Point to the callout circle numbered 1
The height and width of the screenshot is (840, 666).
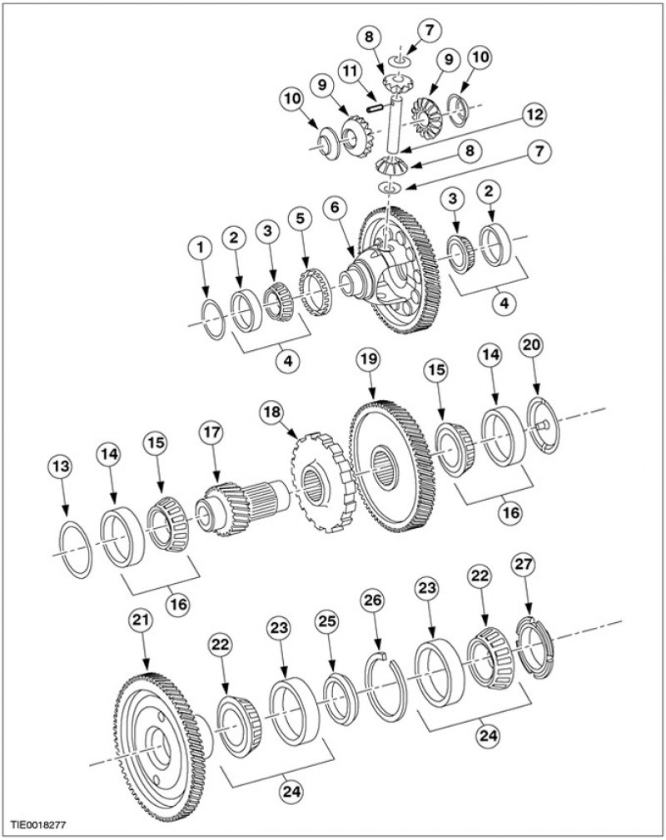pos(201,248)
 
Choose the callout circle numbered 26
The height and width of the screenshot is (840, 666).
pos(373,600)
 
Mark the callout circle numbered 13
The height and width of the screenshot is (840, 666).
pos(60,466)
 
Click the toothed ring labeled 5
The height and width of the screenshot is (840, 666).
pos(317,291)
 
